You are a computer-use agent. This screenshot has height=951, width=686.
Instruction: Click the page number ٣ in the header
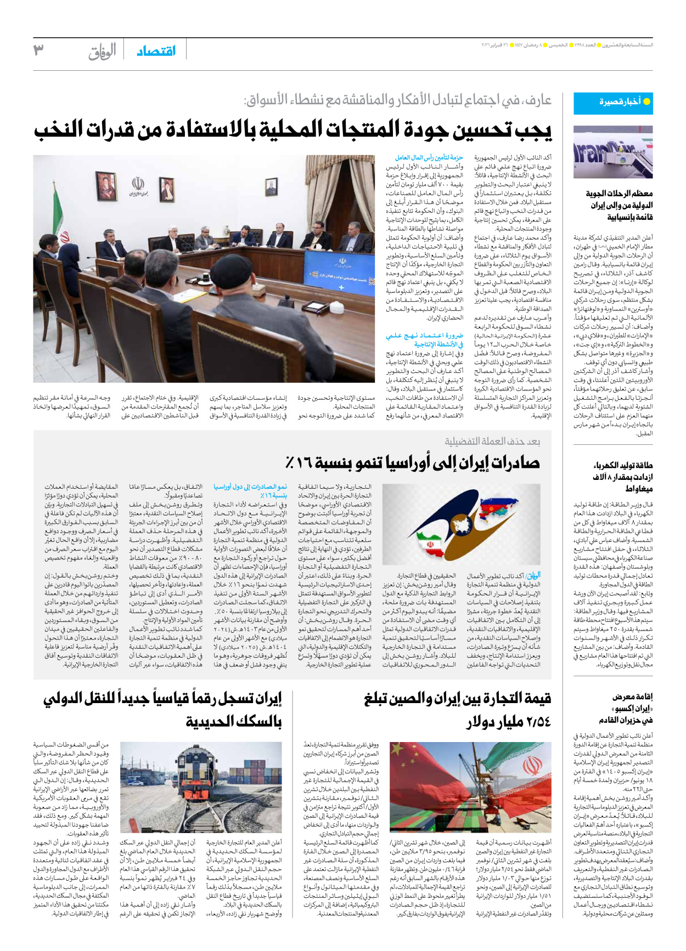point(38,50)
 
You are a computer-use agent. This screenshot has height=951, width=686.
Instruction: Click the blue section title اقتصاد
point(156,50)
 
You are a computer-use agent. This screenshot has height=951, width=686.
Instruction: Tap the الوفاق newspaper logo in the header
point(102,51)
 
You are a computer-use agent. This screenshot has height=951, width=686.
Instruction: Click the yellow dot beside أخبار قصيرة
point(646,101)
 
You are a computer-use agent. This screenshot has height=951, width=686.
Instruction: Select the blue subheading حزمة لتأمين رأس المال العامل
point(429,158)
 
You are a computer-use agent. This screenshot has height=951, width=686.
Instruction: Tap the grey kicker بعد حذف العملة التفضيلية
point(492,441)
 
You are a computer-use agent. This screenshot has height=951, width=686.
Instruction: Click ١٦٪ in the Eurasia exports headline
point(298,462)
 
